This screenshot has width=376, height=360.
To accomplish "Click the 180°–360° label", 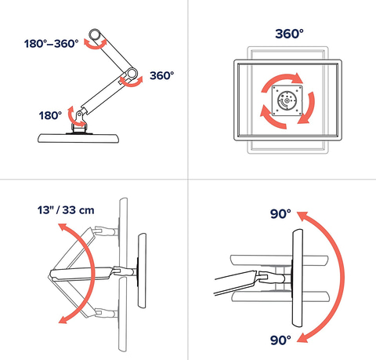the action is click(51, 44).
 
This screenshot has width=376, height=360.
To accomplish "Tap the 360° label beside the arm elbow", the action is click(162, 75).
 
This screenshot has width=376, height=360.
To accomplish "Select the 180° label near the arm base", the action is click(50, 115).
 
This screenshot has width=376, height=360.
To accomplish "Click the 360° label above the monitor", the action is click(289, 34).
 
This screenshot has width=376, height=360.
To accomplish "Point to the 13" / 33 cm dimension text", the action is click(66, 210).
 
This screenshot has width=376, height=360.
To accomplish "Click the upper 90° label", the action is click(280, 214).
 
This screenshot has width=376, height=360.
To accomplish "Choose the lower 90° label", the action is click(280, 340).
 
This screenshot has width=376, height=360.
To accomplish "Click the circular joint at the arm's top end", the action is click(95, 35).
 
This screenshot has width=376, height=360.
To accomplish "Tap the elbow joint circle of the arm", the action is click(132, 74).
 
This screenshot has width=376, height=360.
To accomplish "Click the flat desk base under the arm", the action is click(78, 138).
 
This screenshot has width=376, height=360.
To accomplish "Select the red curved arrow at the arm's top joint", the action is click(96, 45).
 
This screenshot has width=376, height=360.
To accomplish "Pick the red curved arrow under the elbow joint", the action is click(132, 83).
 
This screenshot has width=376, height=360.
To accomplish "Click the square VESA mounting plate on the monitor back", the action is click(287, 100).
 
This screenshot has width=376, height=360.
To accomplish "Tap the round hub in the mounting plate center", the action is click(287, 100).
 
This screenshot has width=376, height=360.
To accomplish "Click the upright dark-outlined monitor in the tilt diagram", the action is click(297, 278).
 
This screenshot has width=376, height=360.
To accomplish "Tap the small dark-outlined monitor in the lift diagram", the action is click(142, 271).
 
